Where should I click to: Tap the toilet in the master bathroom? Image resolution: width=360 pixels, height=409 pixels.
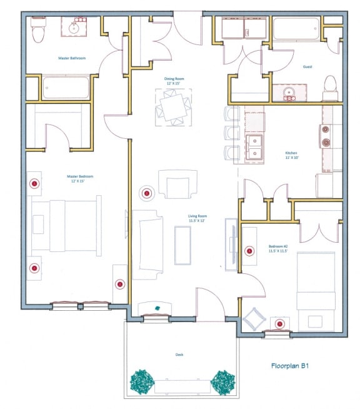click(x=39, y=30)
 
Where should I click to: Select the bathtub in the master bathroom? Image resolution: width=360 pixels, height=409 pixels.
click(x=66, y=88)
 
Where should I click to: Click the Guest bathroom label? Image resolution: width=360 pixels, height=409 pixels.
click(x=307, y=66)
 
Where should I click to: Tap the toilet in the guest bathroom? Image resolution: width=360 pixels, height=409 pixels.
click(x=329, y=88)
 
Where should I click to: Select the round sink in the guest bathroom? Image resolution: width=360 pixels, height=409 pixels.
click(x=288, y=94)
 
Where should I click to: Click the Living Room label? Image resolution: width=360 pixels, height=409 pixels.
click(x=197, y=219)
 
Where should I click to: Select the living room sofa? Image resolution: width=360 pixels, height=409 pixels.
click(x=147, y=245)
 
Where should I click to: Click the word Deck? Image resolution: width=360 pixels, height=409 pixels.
click(x=179, y=355)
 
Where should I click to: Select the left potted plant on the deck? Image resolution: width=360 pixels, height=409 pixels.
click(x=142, y=381)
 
